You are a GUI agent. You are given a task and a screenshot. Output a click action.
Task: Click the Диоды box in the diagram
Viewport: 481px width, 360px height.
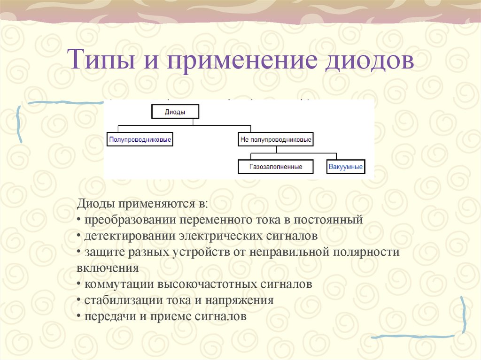pos(175,112)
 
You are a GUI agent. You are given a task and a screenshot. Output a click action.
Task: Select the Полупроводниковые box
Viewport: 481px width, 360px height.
pos(140,139)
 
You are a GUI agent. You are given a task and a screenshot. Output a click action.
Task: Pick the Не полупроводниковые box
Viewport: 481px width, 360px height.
pos(276,139)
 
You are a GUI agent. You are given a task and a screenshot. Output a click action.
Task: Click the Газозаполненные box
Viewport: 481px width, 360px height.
pos(276,167)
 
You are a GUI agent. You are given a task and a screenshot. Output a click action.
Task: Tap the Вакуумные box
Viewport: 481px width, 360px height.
pos(345,167)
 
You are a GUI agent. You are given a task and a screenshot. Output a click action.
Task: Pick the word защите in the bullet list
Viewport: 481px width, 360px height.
pos(100,252)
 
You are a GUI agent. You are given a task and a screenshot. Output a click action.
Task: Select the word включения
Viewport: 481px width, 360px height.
pos(107,268)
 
